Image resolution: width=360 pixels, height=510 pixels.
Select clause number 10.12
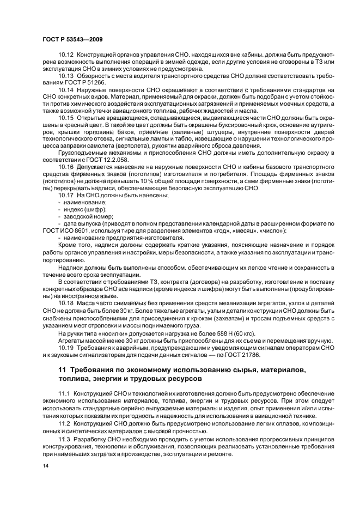66,56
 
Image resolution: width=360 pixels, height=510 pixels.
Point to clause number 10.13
66,76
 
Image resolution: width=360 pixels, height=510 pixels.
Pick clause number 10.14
66,89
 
